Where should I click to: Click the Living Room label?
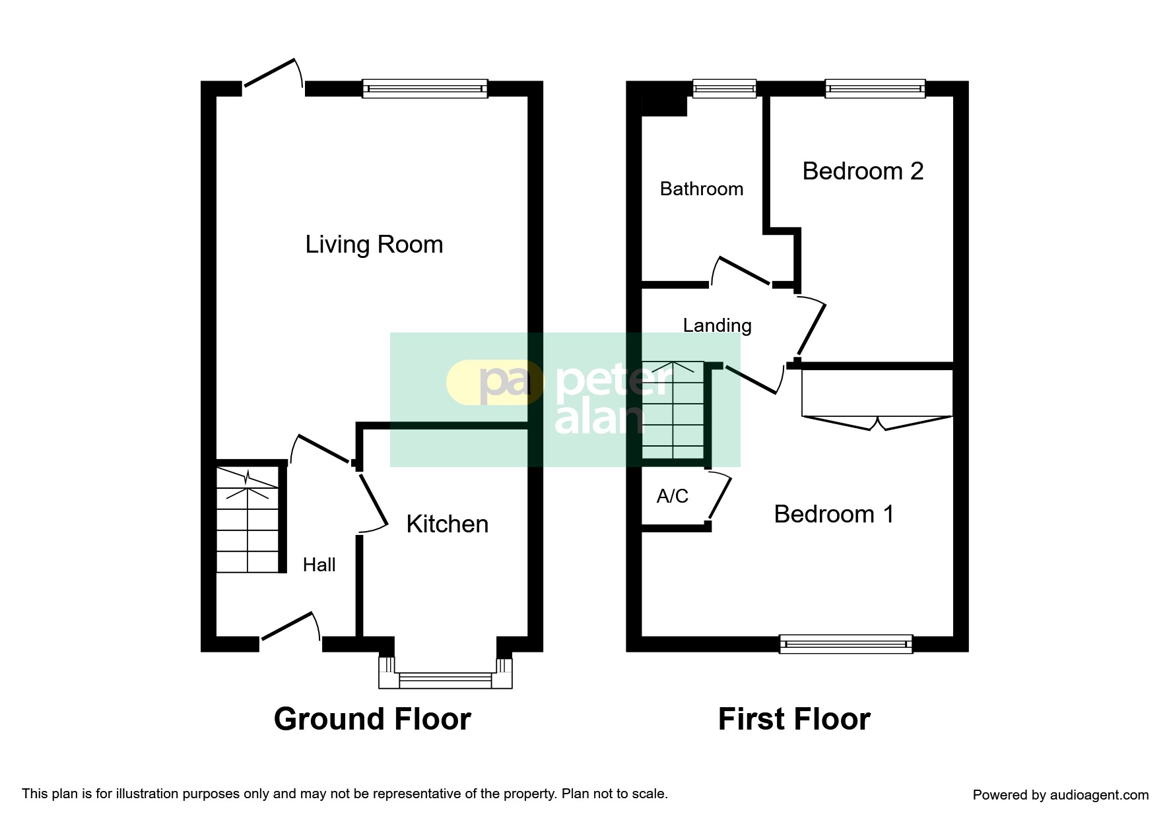(x=374, y=245)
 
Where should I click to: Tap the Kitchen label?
(x=448, y=524)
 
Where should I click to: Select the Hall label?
(x=319, y=565)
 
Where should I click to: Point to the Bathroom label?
(x=702, y=189)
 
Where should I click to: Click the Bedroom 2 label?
(x=863, y=172)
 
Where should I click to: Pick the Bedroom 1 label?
(x=834, y=514)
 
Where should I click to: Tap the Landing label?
(x=718, y=326)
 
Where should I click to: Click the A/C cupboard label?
(x=673, y=496)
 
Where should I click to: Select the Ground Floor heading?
(x=372, y=719)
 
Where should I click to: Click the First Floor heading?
(x=794, y=719)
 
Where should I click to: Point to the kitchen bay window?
(x=446, y=673)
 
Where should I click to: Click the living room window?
(x=425, y=88)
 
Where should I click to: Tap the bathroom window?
(x=724, y=88)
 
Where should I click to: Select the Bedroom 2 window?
(x=875, y=88)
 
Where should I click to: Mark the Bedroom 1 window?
(x=846, y=644)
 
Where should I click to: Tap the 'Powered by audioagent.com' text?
(x=1061, y=795)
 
